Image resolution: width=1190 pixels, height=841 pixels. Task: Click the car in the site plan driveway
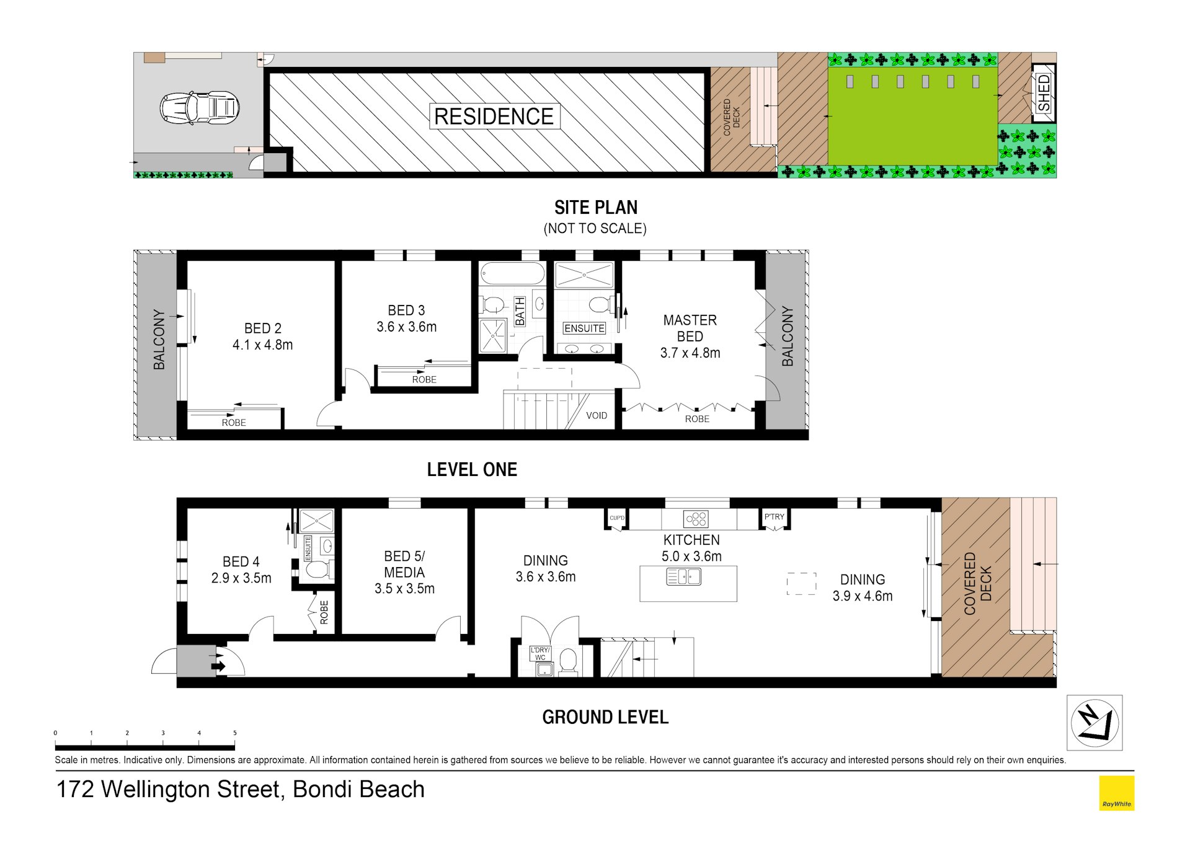point(200,108)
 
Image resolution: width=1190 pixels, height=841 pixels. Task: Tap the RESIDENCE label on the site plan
point(494,117)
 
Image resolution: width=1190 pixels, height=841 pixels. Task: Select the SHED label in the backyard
point(1044,93)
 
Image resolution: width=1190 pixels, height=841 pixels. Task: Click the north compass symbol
point(1095,723)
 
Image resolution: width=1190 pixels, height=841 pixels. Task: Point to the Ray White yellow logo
point(1116,793)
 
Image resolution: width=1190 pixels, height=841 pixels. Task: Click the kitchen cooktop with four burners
point(695,518)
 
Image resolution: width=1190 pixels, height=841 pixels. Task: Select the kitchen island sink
point(683,577)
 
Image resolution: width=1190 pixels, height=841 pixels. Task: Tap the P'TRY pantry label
point(774,516)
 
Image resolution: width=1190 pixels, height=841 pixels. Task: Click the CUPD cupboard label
point(617,518)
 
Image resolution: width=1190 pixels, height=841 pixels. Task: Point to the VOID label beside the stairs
point(597,415)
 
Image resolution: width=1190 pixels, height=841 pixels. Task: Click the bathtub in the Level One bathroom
point(512,273)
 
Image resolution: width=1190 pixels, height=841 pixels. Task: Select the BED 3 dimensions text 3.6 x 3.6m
point(407,327)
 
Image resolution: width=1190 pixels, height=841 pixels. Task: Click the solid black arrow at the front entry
point(218,667)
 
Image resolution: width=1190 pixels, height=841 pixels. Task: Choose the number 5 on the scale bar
point(235,733)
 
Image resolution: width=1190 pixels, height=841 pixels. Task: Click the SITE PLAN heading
point(595,207)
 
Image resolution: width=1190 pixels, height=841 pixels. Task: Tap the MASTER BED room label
point(690,328)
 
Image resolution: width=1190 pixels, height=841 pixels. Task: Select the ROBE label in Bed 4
point(324,612)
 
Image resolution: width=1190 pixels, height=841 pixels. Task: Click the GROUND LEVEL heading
point(605,717)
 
